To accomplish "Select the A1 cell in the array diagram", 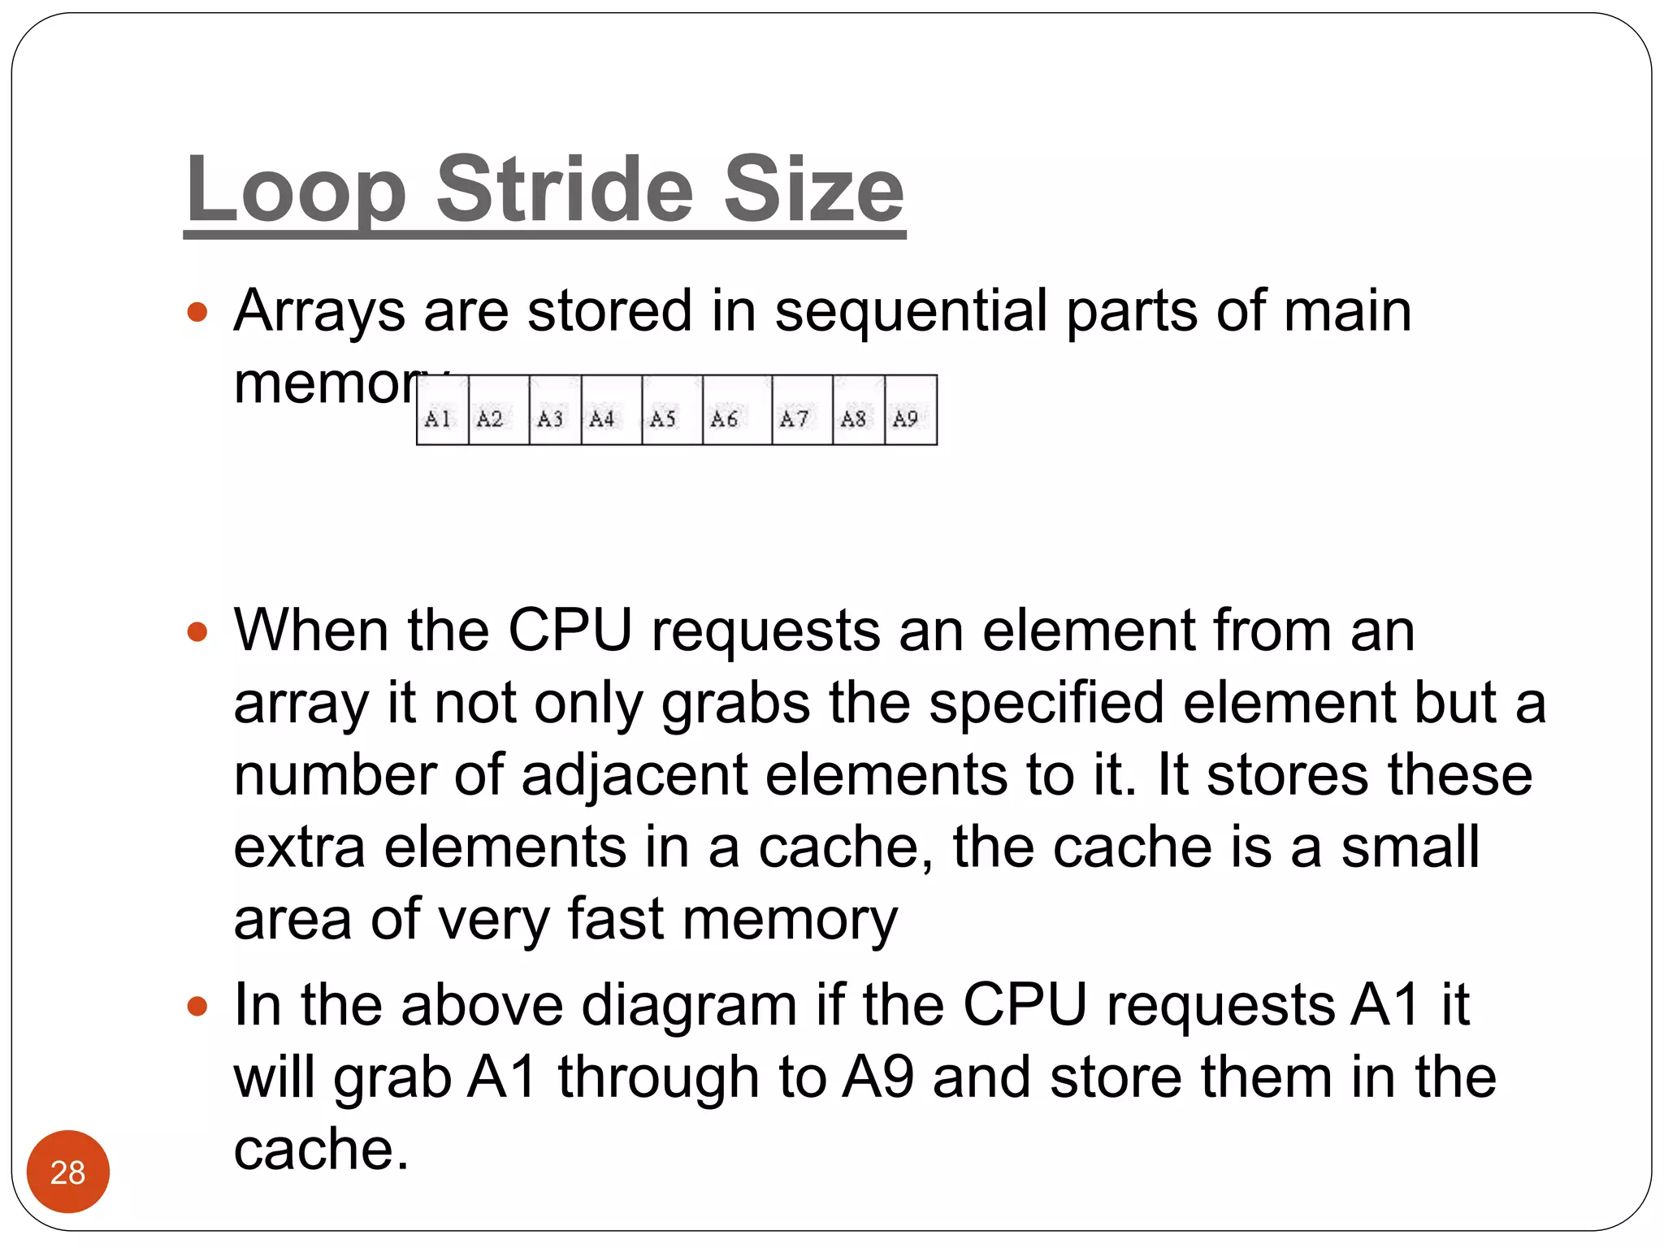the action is (x=441, y=411).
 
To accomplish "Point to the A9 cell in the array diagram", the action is (x=910, y=411).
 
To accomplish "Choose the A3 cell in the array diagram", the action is (x=554, y=411).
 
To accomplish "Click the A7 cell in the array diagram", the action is (x=801, y=411).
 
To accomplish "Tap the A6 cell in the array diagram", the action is (x=736, y=411).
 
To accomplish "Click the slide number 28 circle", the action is (x=67, y=1172).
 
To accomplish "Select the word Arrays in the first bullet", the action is (x=318, y=311).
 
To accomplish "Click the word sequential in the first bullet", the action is (x=910, y=311).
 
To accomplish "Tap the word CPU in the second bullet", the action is (x=570, y=630).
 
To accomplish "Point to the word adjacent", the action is (x=634, y=775).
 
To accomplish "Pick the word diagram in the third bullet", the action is (x=689, y=1006).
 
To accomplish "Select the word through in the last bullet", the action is (x=657, y=1078).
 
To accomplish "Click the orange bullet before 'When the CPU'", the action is (x=197, y=631).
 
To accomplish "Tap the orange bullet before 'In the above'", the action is (x=197, y=1007).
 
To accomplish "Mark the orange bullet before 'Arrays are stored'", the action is (x=197, y=312).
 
